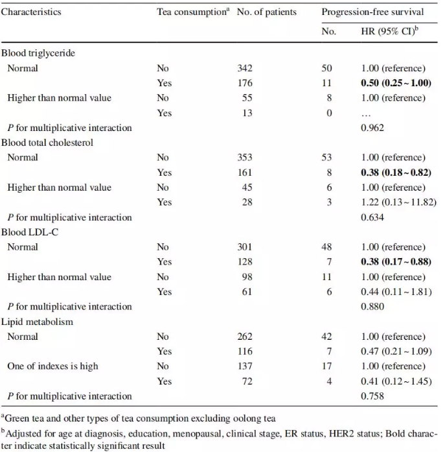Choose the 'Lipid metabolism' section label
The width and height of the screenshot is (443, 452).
[x=37, y=322]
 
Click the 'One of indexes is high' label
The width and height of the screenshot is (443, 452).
[x=52, y=366]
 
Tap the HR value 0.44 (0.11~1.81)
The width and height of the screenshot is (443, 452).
[x=396, y=292]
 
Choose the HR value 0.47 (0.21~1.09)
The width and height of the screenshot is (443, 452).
[x=396, y=351]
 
